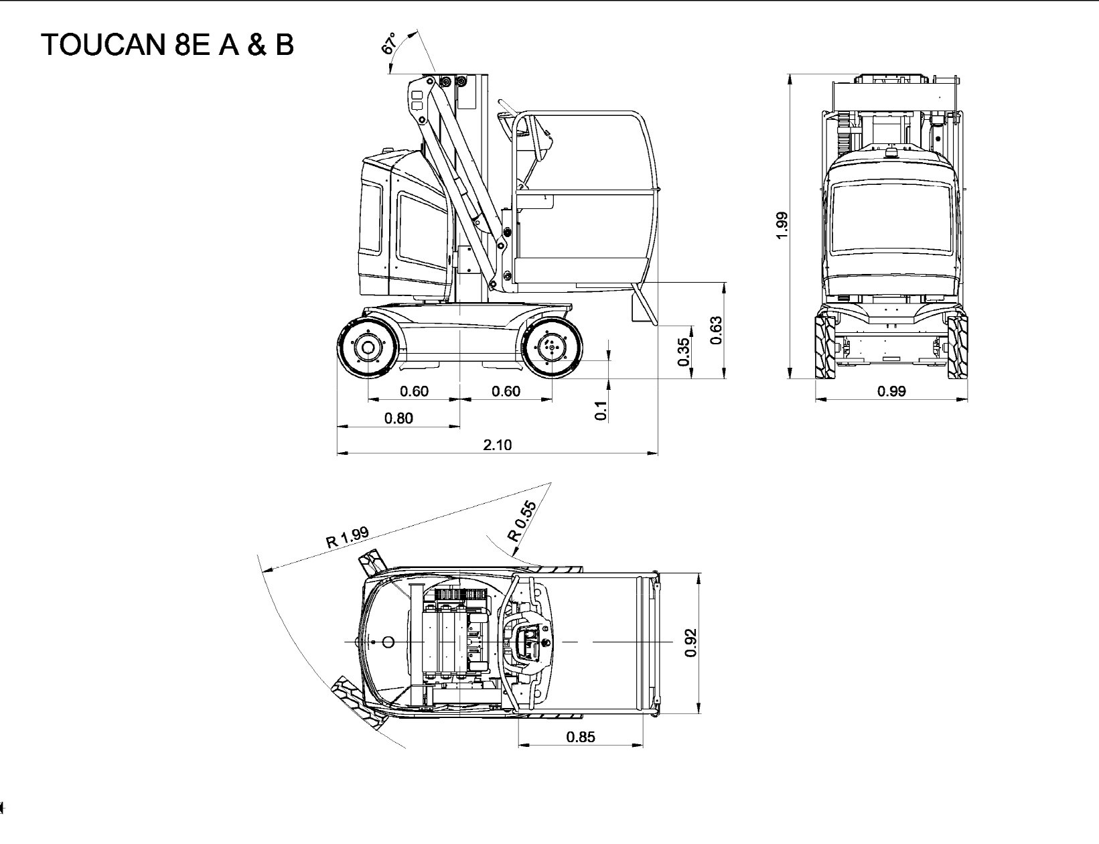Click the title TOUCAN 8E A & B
[x=167, y=44]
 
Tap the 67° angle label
[x=389, y=44]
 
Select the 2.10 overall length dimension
[x=497, y=445]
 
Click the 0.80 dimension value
[x=398, y=418]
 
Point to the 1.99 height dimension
[x=782, y=226]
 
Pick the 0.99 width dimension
[x=891, y=391]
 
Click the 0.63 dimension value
[x=716, y=331]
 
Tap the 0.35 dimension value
[x=683, y=352]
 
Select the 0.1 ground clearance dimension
[x=600, y=410]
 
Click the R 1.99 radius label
[x=348, y=538]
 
